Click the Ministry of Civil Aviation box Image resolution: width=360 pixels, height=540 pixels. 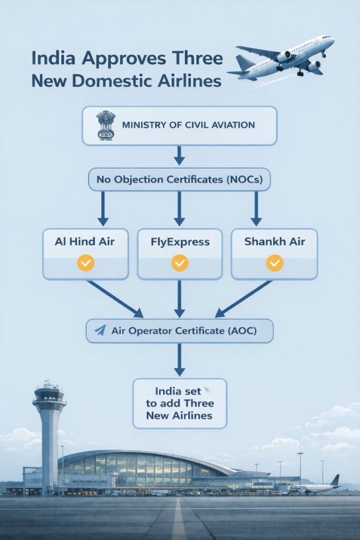(x=179, y=126)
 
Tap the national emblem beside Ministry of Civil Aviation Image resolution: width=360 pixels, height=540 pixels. (x=105, y=126)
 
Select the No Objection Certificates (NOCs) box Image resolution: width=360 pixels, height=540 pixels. (x=179, y=180)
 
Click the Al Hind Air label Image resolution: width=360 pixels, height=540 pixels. (x=85, y=242)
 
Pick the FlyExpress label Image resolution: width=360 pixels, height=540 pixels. (x=179, y=242)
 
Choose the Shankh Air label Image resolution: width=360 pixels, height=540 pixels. (x=274, y=242)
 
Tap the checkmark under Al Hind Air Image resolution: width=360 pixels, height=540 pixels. (x=85, y=263)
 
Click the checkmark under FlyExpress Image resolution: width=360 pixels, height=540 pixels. (x=180, y=263)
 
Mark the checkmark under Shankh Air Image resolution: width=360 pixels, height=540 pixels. (x=274, y=263)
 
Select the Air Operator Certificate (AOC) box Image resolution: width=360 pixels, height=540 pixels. (x=179, y=331)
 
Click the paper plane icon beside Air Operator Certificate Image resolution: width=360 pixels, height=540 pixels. (x=100, y=331)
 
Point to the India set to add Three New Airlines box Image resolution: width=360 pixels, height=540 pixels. (x=179, y=403)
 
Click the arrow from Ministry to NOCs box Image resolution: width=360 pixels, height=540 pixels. (x=179, y=155)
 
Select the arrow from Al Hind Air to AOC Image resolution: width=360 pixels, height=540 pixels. (x=115, y=298)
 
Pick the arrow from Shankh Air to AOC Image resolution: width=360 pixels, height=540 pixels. (x=244, y=298)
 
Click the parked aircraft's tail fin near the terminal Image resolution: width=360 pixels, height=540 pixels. (x=335, y=480)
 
